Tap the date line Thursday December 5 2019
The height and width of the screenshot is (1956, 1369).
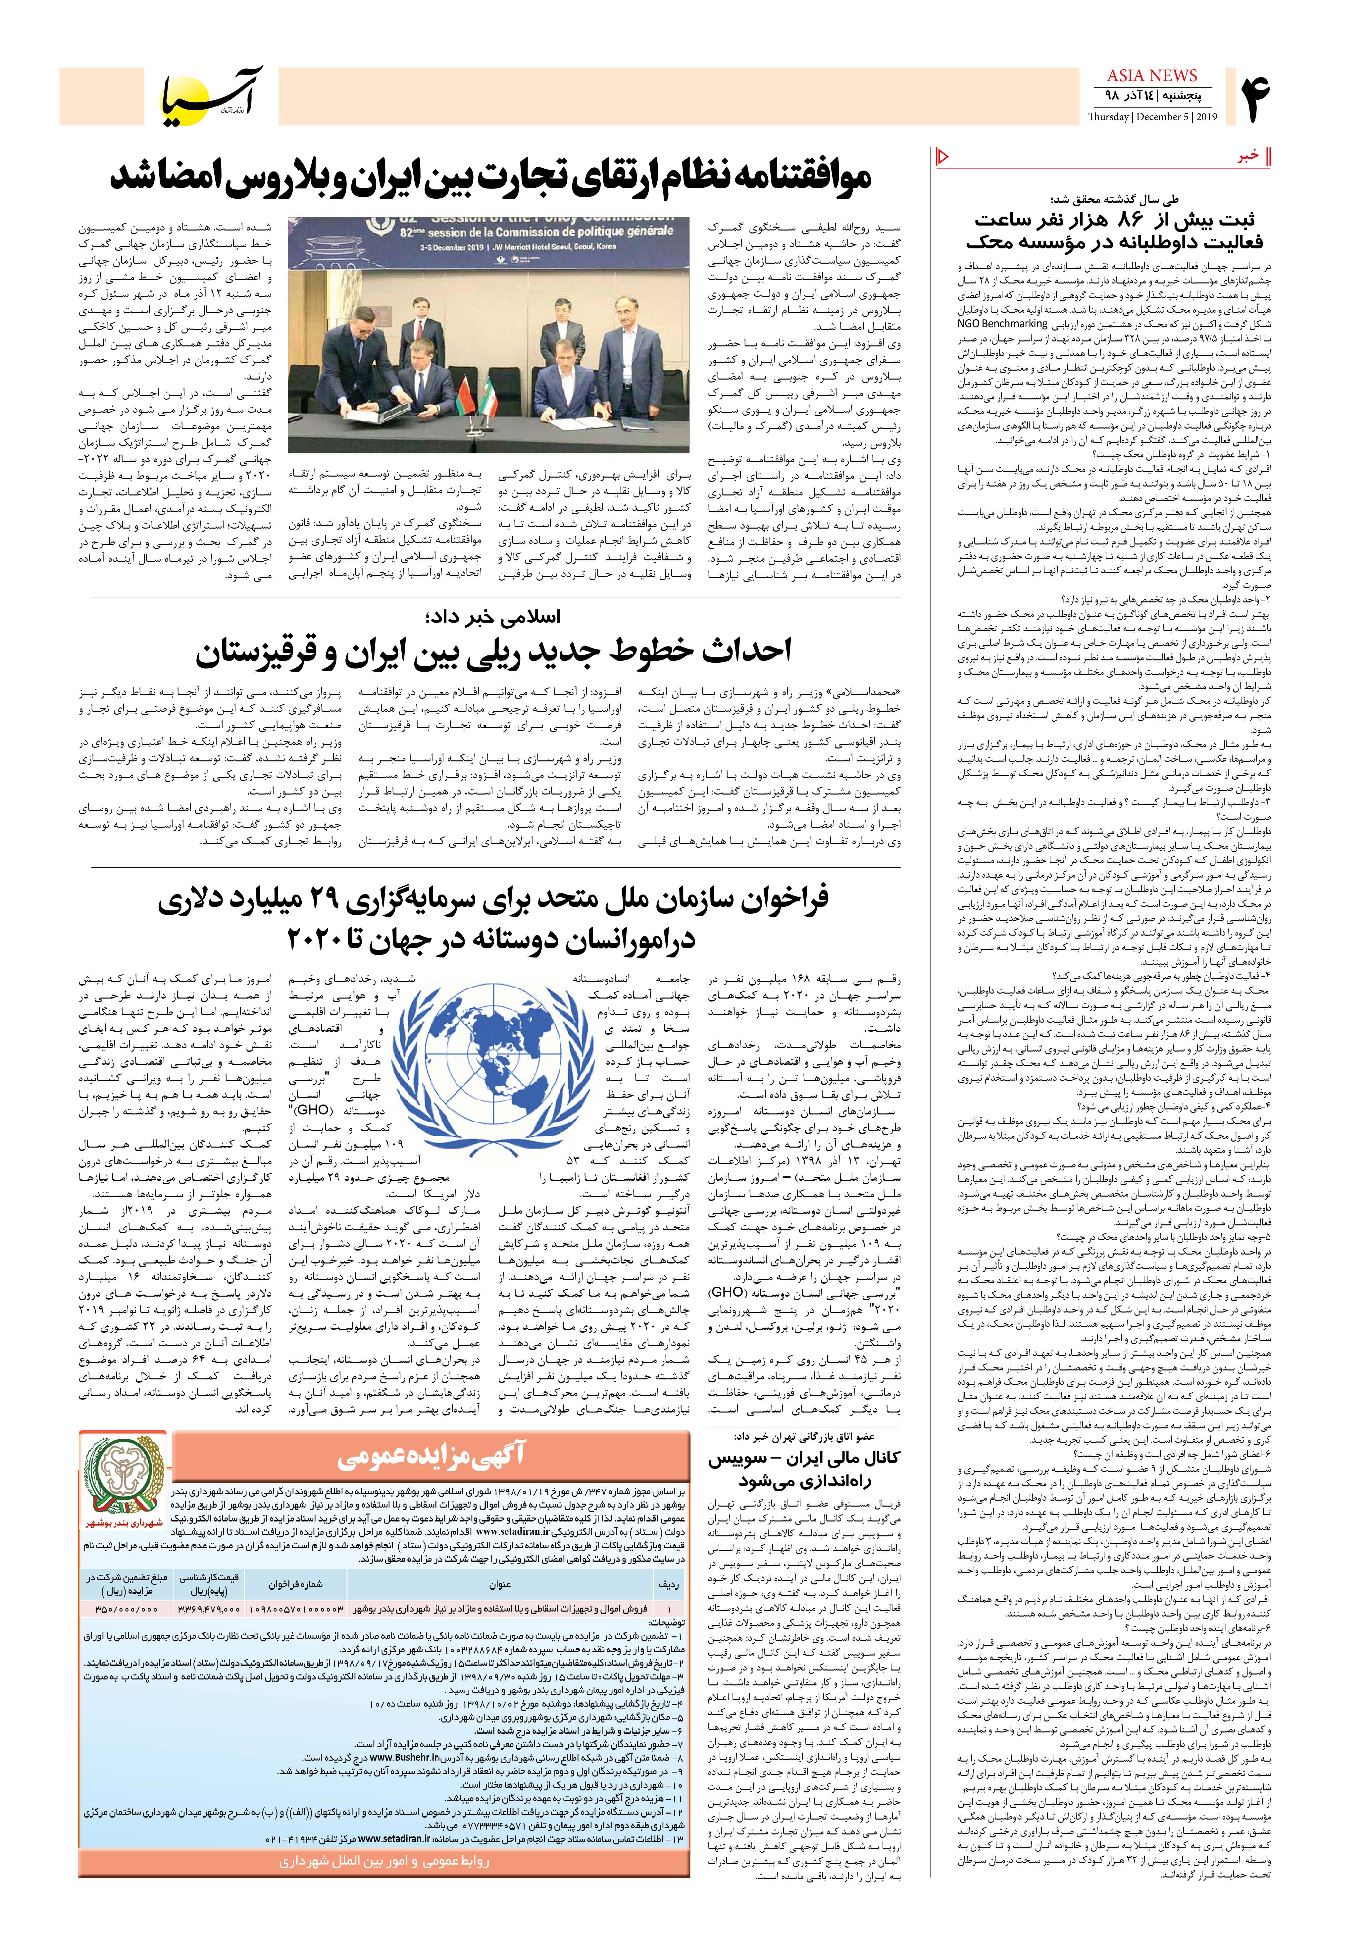click(x=1152, y=117)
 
